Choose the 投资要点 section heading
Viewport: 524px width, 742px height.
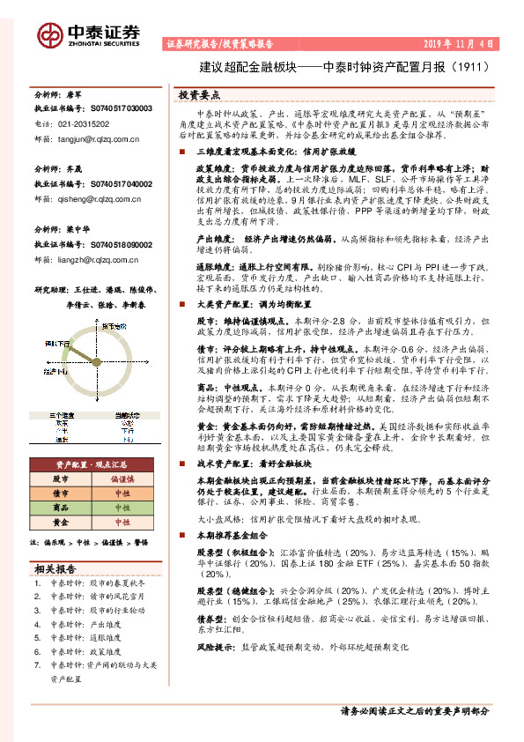199,94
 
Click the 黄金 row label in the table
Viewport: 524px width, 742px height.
61,522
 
